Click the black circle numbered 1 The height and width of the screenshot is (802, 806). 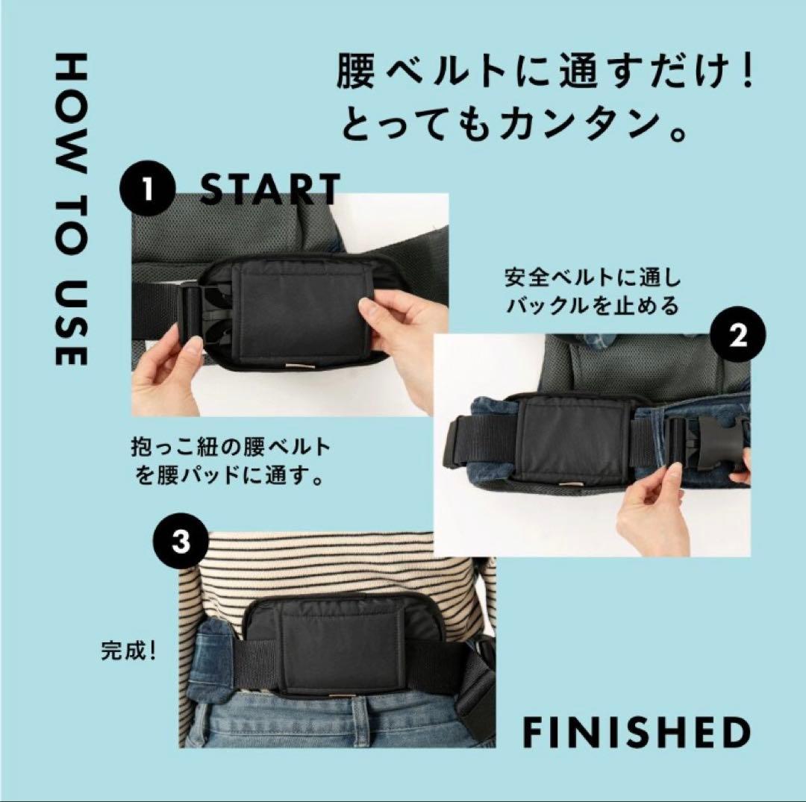147,189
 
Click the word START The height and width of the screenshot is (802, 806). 270,190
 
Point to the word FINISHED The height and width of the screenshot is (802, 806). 636,733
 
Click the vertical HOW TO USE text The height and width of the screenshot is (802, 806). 71,211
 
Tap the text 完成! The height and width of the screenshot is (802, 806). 129,651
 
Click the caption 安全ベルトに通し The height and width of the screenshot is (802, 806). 593,278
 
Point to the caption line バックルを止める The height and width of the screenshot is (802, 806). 593,307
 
